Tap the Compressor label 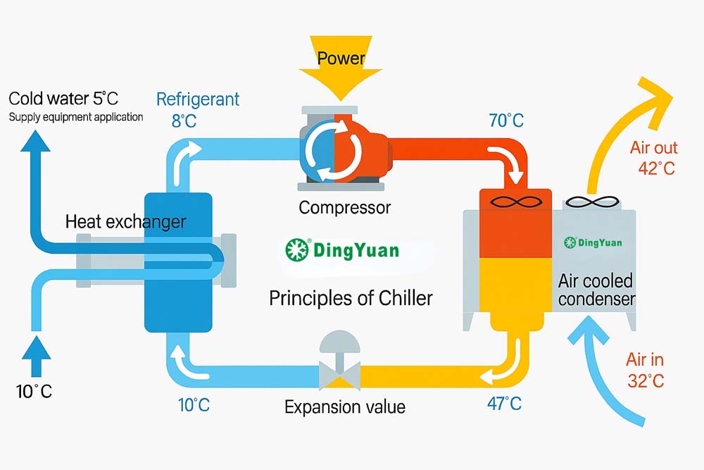pyautogui.click(x=344, y=208)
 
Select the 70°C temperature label pyautogui.click(x=506, y=120)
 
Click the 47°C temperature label pyautogui.click(x=504, y=404)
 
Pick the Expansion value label pyautogui.click(x=345, y=407)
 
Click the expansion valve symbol pyautogui.click(x=339, y=360)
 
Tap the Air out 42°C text pyautogui.click(x=654, y=158)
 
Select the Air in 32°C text pyautogui.click(x=645, y=370)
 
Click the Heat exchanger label pyautogui.click(x=126, y=221)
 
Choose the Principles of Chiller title pyautogui.click(x=351, y=298)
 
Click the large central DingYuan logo pyautogui.click(x=342, y=249)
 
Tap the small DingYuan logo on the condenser pyautogui.click(x=593, y=242)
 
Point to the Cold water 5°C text pyautogui.click(x=63, y=99)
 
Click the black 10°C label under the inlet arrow pyautogui.click(x=34, y=391)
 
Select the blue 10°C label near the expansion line pyautogui.click(x=194, y=405)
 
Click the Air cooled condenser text pyautogui.click(x=596, y=290)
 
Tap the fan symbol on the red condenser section pyautogui.click(x=516, y=202)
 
